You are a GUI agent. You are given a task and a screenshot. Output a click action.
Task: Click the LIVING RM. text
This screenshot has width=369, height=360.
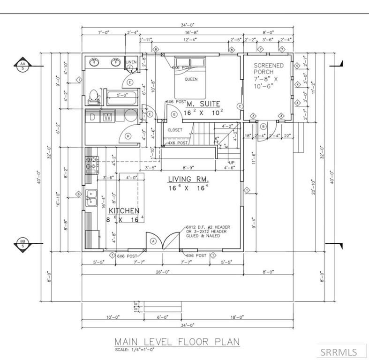[188, 179]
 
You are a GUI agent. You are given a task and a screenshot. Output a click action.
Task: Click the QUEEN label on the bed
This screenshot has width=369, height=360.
[190, 79]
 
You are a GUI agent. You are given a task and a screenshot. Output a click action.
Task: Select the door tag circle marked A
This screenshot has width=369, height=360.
[153, 240]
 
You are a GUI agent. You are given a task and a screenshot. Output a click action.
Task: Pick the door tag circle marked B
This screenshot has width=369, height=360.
[264, 126]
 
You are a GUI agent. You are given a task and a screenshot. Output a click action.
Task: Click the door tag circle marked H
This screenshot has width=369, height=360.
[128, 136]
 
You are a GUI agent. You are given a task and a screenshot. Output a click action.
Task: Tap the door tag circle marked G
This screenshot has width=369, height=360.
[174, 114]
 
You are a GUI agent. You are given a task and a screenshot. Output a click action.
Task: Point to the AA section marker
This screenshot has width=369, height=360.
[22, 65]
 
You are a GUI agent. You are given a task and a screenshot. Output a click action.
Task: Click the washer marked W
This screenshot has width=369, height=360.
[108, 117]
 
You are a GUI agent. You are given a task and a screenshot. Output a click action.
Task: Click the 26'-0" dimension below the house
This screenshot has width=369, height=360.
[163, 271]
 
